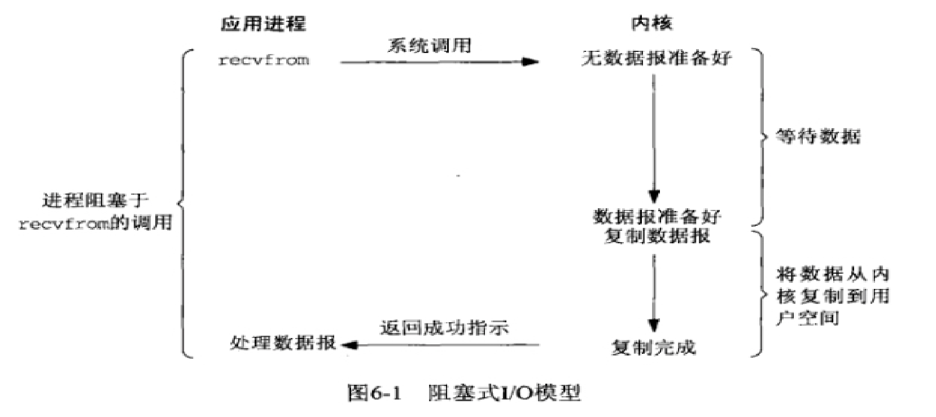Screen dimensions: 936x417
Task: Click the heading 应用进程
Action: pos(263,24)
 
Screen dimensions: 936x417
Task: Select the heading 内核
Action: pos(651,23)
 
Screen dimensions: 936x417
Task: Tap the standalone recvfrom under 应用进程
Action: pos(264,60)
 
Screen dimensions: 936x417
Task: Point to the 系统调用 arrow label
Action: pos(430,46)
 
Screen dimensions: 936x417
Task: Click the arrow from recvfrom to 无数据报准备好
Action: pos(440,62)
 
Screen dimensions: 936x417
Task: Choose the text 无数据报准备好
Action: pos(657,58)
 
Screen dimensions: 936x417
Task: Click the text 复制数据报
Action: pos(657,236)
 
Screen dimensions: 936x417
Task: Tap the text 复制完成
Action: pos(654,347)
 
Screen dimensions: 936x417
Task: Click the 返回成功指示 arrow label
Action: pos(444,328)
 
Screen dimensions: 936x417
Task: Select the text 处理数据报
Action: pos(283,343)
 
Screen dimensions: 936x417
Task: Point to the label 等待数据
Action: pos(818,137)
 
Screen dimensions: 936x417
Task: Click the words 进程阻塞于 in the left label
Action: pos(96,200)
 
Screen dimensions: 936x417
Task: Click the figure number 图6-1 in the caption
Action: pos(374,393)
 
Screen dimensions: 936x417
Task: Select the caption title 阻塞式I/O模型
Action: pos(504,393)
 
